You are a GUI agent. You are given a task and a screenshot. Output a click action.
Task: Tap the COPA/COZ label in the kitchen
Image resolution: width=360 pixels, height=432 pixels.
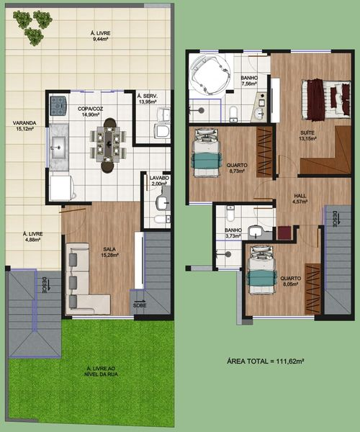90,109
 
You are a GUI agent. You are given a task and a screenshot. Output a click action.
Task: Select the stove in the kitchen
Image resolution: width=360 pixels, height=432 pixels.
58,106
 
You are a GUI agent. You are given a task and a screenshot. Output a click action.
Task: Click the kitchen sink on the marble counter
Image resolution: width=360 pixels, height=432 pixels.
58,148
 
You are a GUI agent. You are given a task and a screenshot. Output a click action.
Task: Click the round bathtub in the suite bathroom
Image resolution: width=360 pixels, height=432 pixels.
210,74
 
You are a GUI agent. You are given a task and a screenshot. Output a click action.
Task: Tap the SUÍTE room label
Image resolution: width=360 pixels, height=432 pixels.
307,132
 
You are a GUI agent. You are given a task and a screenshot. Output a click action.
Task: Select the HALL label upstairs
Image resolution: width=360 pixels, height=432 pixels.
300,196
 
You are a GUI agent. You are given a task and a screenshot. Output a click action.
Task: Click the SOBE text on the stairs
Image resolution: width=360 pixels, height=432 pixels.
140,305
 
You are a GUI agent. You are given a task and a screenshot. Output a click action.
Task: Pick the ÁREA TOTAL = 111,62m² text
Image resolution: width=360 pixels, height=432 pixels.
265,361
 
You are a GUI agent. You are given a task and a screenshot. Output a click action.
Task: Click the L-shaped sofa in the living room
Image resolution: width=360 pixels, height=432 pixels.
84,279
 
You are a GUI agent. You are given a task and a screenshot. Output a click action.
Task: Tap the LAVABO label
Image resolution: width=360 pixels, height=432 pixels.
159,178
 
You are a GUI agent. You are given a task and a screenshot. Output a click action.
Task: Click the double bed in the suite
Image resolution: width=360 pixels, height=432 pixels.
326,100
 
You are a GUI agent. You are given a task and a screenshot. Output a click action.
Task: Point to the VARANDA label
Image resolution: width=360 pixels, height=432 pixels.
24,123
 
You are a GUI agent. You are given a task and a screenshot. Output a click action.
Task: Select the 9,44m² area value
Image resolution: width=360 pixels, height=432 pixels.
100,39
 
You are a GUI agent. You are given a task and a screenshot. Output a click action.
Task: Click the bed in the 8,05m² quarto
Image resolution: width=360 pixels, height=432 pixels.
261,270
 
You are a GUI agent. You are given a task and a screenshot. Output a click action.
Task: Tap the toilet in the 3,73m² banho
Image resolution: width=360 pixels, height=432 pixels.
230,213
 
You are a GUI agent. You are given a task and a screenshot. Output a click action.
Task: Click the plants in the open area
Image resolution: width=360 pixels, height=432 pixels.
32,27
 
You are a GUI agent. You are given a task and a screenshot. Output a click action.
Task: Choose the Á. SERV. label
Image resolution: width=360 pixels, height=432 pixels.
148,96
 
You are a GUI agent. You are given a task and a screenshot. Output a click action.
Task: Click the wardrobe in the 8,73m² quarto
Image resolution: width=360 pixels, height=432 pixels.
264,152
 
